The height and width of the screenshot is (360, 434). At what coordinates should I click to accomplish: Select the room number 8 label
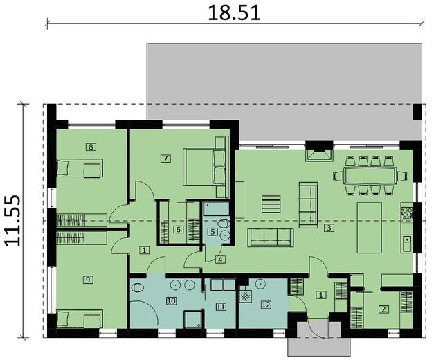coord(90,146)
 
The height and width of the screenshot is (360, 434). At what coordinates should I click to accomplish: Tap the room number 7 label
coord(165,159)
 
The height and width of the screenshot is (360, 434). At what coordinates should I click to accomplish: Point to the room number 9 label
coord(87,279)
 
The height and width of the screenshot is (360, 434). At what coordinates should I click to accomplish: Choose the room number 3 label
coord(329,227)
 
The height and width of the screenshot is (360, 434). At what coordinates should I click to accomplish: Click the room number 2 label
coord(383,309)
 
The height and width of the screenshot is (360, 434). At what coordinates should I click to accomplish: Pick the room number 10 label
coord(171,300)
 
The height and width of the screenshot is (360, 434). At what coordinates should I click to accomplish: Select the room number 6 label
coord(178,230)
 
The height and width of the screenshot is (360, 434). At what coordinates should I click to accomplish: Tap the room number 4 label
coord(219,260)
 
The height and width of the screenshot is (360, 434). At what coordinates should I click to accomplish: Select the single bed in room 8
coord(78,168)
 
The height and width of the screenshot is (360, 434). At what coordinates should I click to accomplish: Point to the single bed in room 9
coord(78,319)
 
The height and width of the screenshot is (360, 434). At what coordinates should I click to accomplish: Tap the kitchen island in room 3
coord(368,228)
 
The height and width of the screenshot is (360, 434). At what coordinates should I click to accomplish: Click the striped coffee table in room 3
coord(271,205)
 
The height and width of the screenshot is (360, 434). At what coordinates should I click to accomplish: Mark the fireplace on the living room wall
coord(318,150)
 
